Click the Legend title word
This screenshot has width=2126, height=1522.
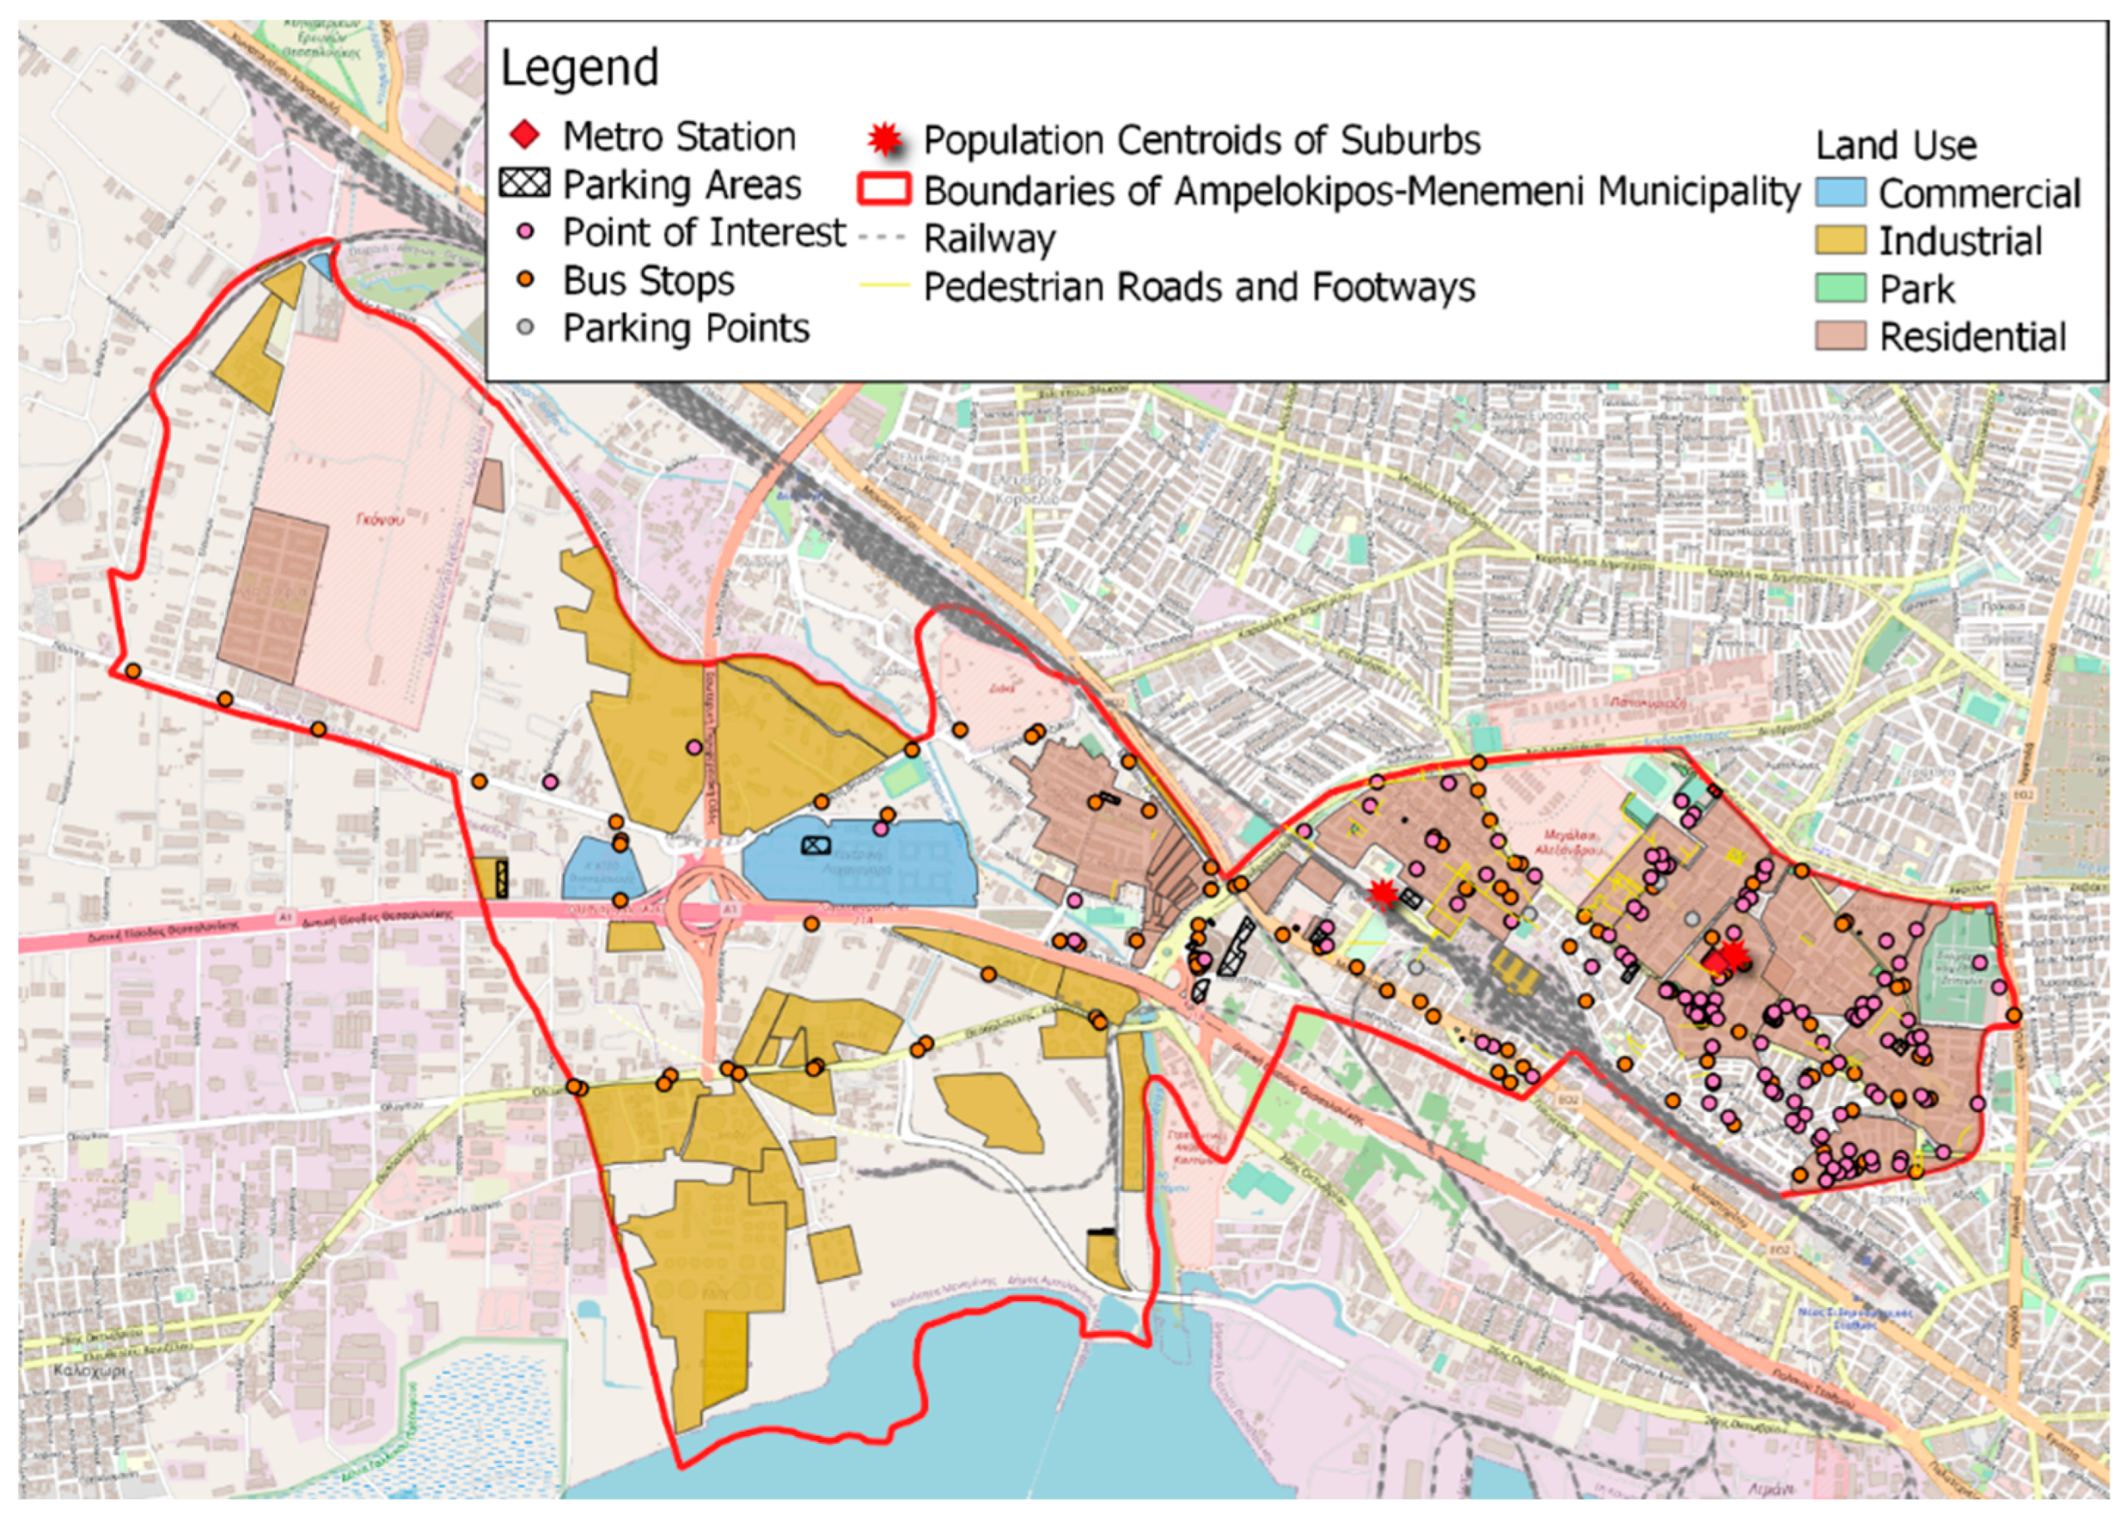pos(579,68)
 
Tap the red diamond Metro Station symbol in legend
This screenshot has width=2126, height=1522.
pos(525,136)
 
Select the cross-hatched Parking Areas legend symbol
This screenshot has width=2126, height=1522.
pos(525,183)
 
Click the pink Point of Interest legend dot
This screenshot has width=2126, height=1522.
pos(526,231)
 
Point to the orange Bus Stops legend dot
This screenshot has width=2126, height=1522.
pos(526,279)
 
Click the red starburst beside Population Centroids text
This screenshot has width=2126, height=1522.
pos(884,140)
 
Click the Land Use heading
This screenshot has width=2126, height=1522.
pos(1895,145)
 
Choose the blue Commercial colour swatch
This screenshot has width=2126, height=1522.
pos(1840,192)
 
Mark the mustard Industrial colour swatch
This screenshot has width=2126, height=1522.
pos(1840,240)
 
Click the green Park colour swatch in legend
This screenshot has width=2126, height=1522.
pos(1840,288)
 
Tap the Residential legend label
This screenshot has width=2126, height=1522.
pos(1973,337)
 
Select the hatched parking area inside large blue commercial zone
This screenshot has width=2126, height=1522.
pos(815,845)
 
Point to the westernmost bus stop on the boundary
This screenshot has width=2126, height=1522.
pos(133,671)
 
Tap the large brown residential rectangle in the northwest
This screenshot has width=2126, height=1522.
pos(273,596)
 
